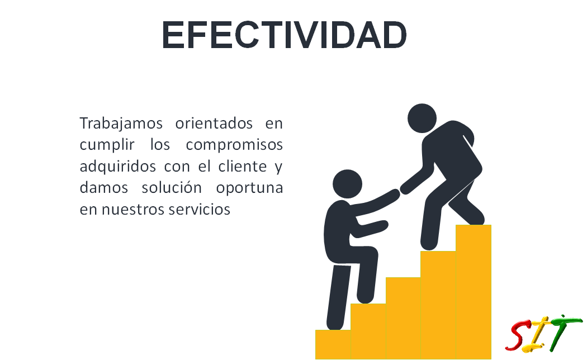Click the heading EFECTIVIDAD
[284, 35]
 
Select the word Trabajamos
[121, 124]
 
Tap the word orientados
[214, 123]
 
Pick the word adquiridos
[117, 167]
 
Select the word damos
[103, 187]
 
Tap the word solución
[172, 187]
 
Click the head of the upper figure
[422, 119]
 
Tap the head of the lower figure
[347, 184]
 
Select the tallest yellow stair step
[473, 292]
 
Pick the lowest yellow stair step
[333, 344]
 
